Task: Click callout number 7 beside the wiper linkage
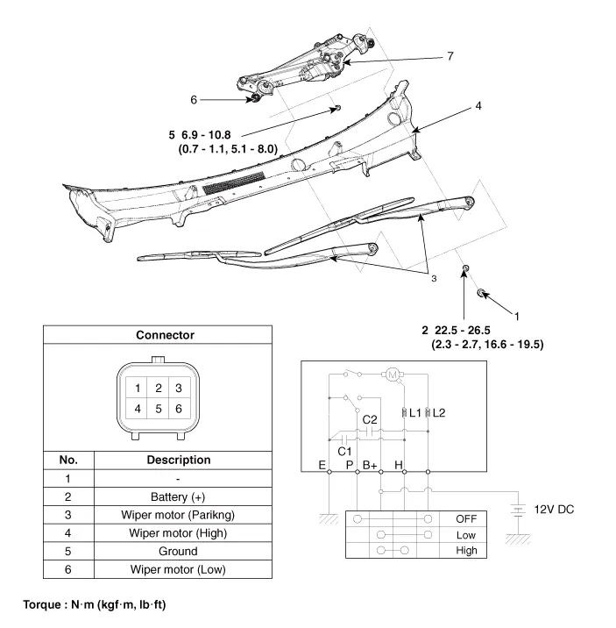tap(450, 56)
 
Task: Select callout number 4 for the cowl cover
tap(478, 106)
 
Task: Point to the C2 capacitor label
tap(370, 419)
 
